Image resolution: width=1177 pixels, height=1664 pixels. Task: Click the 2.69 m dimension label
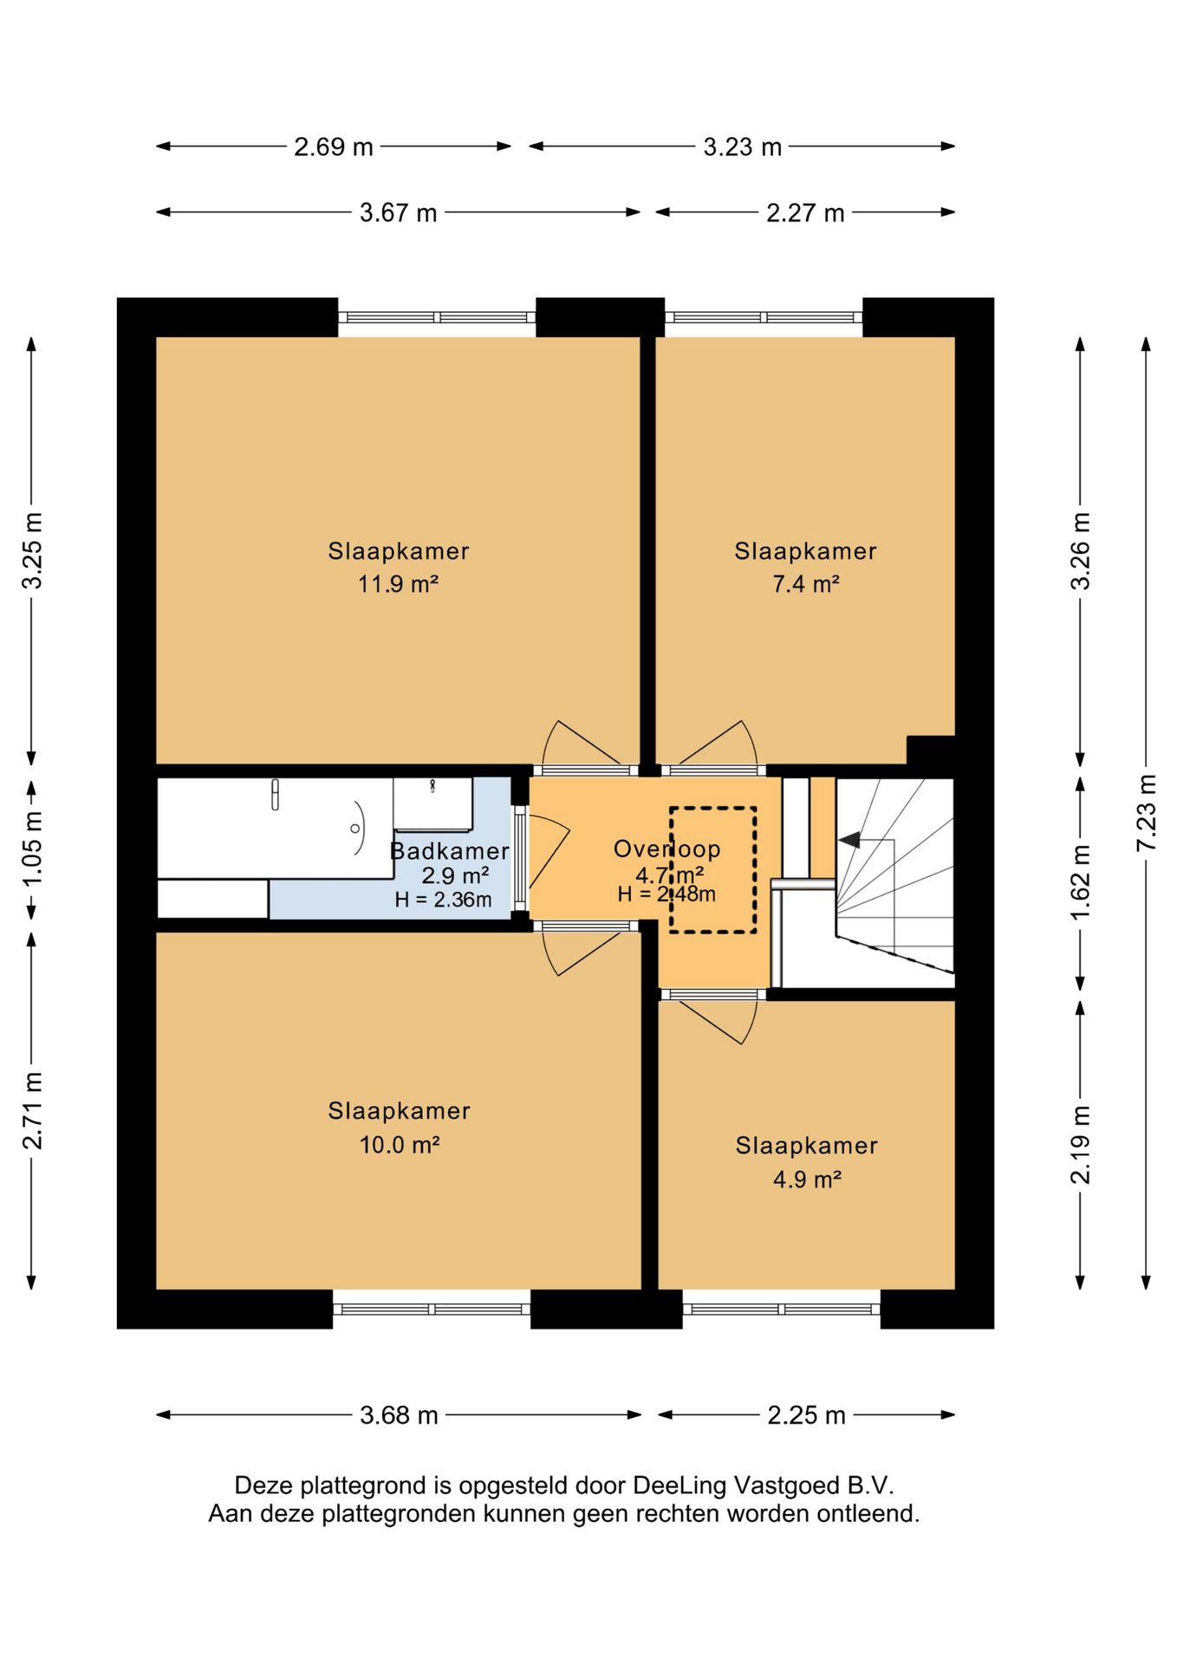click(x=334, y=146)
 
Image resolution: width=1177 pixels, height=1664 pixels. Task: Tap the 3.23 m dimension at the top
click(x=743, y=146)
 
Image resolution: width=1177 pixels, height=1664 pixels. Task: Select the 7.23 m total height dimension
click(x=1146, y=812)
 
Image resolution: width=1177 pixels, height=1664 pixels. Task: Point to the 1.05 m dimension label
click(x=32, y=849)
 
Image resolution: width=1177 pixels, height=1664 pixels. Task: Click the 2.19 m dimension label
click(x=1080, y=1145)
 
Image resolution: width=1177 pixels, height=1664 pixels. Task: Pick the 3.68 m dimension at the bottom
click(x=400, y=1415)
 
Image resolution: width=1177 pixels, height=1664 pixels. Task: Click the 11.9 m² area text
click(x=399, y=584)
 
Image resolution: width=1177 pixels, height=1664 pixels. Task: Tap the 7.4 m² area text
click(x=806, y=584)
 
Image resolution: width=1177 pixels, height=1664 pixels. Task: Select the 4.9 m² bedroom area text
click(x=807, y=1180)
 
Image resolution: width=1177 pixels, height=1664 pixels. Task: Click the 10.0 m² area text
click(x=400, y=1145)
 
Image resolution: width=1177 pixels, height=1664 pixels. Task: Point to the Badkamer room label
click(x=450, y=851)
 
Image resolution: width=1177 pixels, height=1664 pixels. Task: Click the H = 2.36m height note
click(x=443, y=900)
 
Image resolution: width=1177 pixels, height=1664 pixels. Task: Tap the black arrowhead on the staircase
click(x=849, y=839)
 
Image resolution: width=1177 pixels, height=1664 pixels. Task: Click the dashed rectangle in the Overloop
click(x=712, y=870)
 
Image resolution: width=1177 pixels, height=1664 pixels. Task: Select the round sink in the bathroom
click(x=359, y=829)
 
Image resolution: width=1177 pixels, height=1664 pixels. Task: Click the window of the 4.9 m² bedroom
click(x=782, y=1309)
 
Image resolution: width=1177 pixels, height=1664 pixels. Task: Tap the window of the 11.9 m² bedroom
click(x=437, y=317)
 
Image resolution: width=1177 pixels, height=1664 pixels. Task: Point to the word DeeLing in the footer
click(x=680, y=1485)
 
